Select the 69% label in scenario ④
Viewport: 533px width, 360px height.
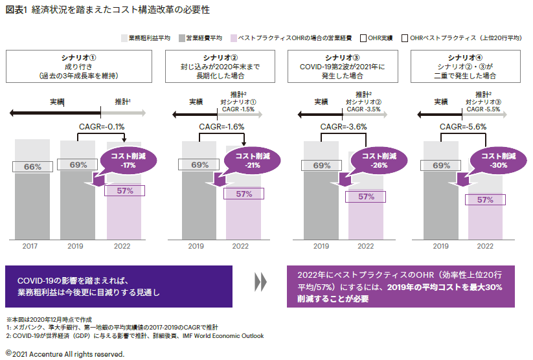pyautogui.click(x=440, y=166)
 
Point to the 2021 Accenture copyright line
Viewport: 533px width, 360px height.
pyautogui.click(x=64, y=354)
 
